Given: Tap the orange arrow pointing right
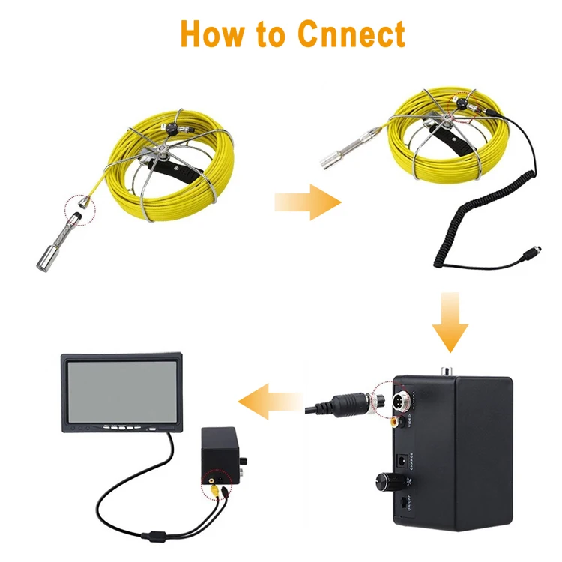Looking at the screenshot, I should point(307,203).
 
